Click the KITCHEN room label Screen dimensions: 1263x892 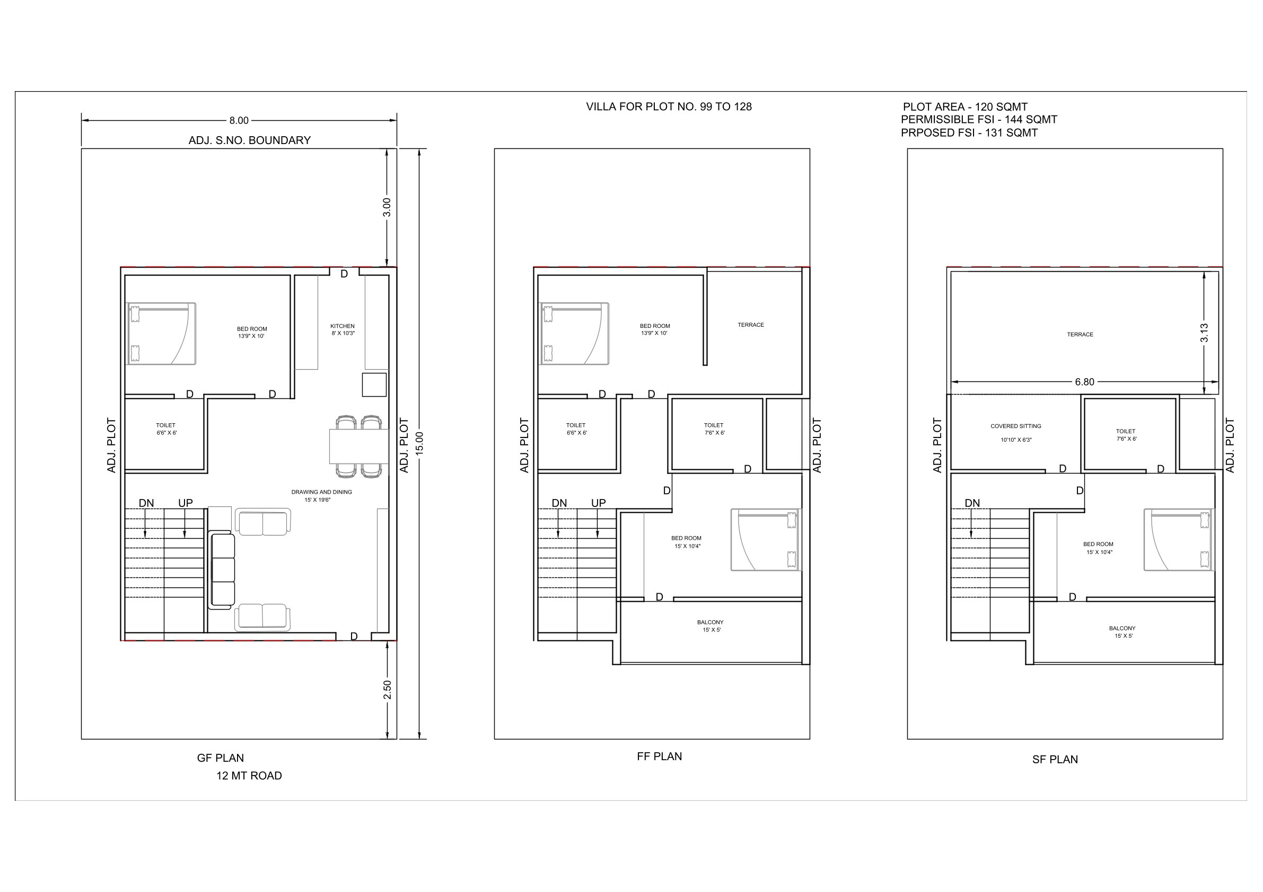[342, 326]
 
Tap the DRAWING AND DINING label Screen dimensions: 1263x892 [321, 492]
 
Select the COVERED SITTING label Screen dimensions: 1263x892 [1015, 426]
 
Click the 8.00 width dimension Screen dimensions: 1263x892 [239, 120]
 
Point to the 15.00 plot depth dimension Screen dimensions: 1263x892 [419, 443]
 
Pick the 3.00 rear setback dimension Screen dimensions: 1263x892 [387, 207]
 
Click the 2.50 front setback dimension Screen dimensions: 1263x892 [387, 690]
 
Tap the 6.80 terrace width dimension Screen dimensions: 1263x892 [1085, 382]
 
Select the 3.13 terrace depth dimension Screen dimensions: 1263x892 [1204, 333]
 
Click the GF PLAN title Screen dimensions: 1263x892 [220, 758]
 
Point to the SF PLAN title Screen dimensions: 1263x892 [1055, 760]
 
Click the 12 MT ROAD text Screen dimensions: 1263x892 [249, 775]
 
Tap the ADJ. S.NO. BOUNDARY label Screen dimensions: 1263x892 [250, 140]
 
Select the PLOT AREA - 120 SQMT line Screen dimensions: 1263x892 [966, 107]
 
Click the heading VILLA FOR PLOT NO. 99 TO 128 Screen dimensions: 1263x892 [669, 106]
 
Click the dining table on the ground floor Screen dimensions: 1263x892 [359, 447]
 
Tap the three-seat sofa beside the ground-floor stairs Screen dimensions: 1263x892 [222, 570]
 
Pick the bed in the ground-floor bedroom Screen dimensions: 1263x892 [162, 334]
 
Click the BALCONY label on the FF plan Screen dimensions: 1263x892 [710, 622]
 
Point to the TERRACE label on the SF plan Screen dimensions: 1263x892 [1080, 334]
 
